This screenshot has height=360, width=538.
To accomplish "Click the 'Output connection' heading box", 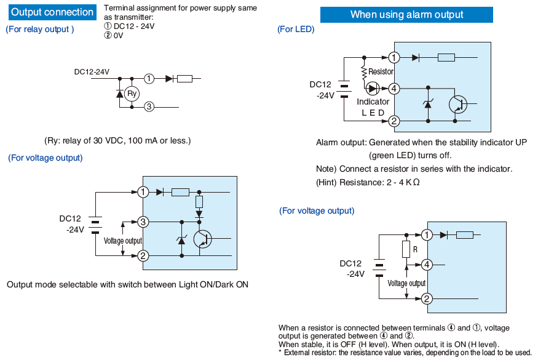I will [x=52, y=12].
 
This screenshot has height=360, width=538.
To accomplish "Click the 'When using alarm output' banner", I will [x=406, y=15].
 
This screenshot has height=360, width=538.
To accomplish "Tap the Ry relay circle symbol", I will [x=132, y=94].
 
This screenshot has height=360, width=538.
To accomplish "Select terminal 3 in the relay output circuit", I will [x=149, y=107].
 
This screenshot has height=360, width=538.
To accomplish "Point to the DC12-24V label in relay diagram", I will [x=92, y=72].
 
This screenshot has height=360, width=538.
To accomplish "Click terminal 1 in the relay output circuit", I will [x=149, y=79].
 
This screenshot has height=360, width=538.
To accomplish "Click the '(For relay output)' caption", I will [x=40, y=30].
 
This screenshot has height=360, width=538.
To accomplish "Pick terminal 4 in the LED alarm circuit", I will [x=394, y=89].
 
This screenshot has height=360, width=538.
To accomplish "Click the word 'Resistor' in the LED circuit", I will [x=381, y=72].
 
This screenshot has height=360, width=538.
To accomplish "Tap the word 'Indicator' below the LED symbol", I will [x=373, y=102].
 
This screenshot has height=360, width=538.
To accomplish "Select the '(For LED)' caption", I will [x=296, y=30].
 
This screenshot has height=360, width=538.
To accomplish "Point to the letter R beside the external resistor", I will [x=415, y=250].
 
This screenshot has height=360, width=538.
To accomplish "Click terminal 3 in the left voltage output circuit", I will [x=143, y=222].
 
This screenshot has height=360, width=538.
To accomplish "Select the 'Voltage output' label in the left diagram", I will [x=123, y=241].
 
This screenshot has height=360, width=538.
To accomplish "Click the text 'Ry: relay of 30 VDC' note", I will [x=117, y=141].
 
